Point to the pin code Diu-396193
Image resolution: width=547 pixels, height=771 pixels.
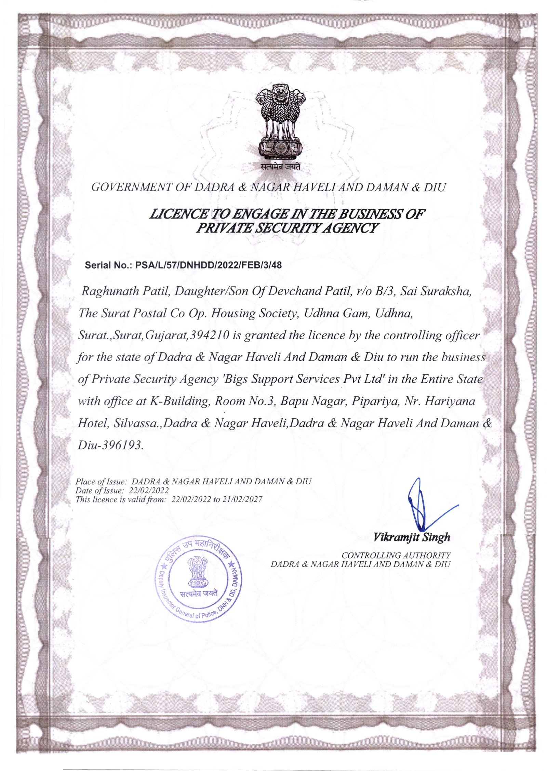click(109, 445)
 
